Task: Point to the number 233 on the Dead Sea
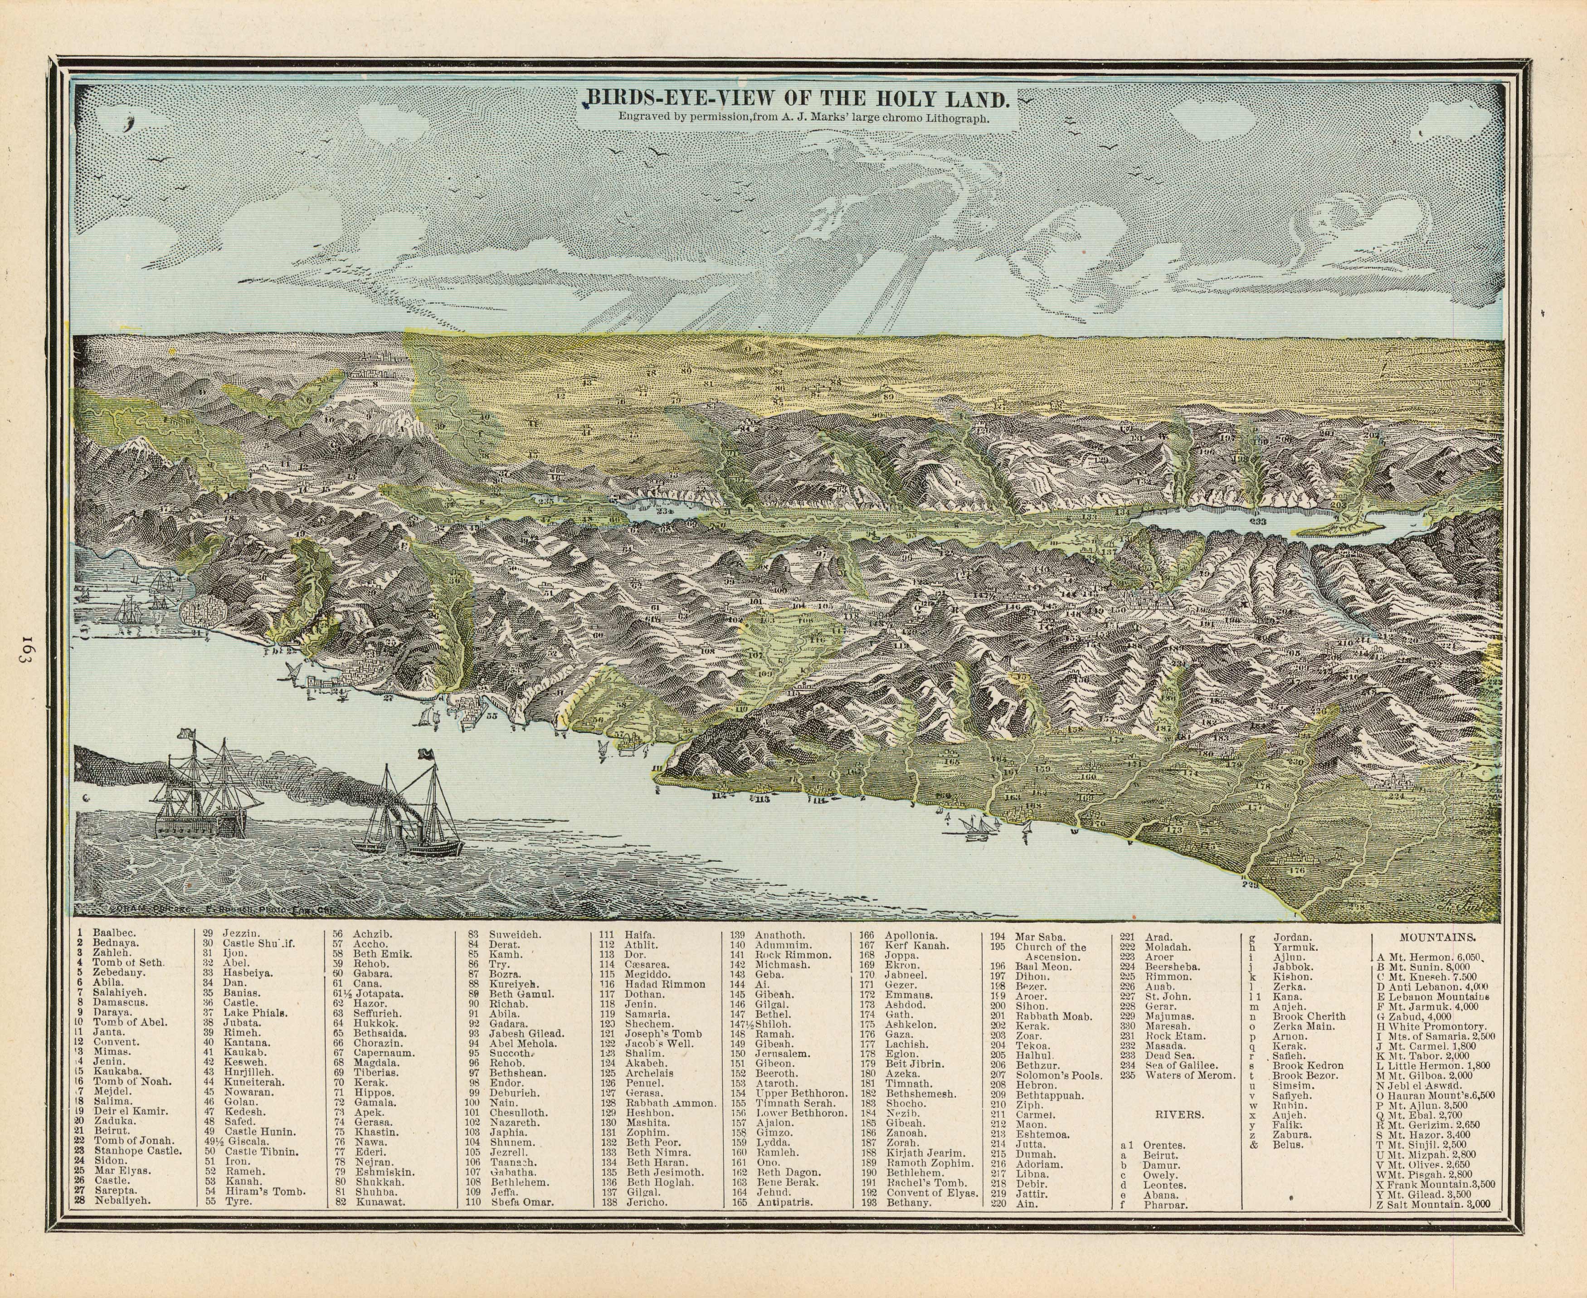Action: pos(1257,521)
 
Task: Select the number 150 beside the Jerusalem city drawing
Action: pos(1119,609)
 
